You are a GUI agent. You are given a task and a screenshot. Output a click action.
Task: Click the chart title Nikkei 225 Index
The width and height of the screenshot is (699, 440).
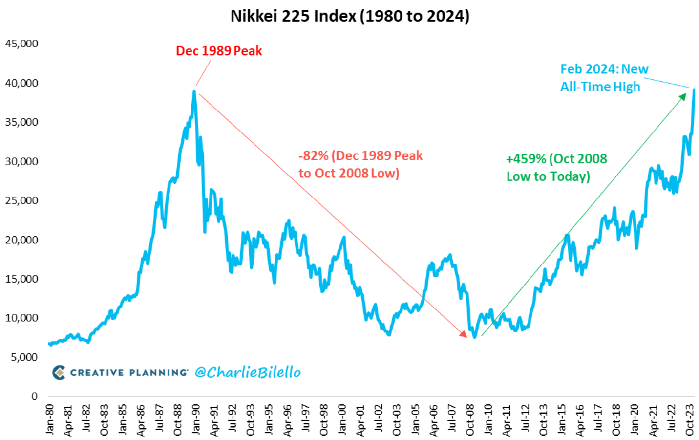coord(350,16)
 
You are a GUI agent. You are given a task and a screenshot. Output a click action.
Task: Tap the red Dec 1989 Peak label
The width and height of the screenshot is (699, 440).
coord(219,51)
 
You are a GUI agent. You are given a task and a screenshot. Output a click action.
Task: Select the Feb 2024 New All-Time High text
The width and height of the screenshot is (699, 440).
coord(604,78)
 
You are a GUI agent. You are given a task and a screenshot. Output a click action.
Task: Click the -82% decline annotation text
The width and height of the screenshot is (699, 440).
coord(360,165)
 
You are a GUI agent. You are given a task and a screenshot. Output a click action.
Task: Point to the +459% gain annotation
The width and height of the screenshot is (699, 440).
coord(556,168)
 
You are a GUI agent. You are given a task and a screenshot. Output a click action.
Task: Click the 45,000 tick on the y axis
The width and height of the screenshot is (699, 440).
coord(21,44)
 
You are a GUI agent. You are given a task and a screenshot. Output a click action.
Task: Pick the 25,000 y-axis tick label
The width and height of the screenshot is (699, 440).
coord(21,200)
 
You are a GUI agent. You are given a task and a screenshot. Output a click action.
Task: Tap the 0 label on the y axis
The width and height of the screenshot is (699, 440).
coord(34,396)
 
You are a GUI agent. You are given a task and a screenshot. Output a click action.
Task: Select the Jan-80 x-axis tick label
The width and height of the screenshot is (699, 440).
coord(50,419)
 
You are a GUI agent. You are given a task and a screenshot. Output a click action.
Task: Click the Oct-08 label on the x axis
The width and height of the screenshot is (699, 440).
coord(470,419)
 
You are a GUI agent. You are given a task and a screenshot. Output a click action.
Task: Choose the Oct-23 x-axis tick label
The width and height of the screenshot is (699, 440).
coord(689,419)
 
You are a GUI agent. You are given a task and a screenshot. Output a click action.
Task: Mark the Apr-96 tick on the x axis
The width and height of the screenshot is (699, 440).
coord(287,419)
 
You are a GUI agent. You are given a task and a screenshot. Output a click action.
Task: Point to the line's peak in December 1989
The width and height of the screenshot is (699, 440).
coord(194,91)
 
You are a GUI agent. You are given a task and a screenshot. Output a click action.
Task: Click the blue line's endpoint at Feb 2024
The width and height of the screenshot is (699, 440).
coord(694,90)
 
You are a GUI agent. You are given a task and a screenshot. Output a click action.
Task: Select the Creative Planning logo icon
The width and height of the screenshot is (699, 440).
coord(59,373)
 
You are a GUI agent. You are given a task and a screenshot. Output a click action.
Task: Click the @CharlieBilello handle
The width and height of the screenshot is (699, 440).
coord(248,373)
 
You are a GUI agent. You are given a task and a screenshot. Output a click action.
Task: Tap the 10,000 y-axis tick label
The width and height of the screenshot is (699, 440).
coord(21,318)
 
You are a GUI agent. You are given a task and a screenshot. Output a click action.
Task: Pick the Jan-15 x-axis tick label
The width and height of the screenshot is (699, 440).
coord(561,419)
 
